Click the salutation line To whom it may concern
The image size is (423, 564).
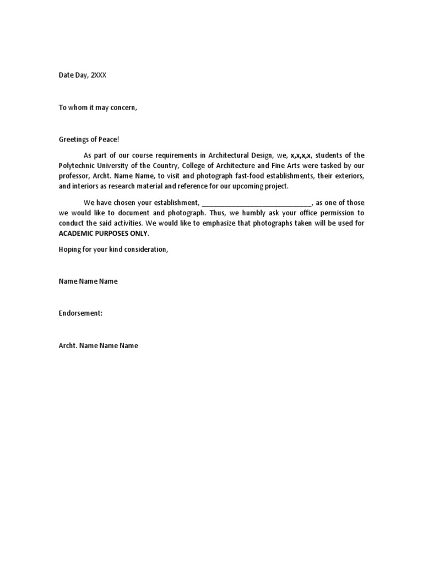click(x=97, y=107)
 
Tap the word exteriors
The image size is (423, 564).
click(x=349, y=176)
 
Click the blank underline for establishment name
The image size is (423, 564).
click(x=257, y=203)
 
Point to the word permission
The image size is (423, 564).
click(x=334, y=213)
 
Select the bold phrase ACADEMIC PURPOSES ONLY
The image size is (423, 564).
click(x=104, y=234)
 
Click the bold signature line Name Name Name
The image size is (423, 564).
click(x=88, y=281)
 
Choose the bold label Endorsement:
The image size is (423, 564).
click(x=81, y=313)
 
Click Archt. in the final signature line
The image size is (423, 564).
click(x=68, y=346)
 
